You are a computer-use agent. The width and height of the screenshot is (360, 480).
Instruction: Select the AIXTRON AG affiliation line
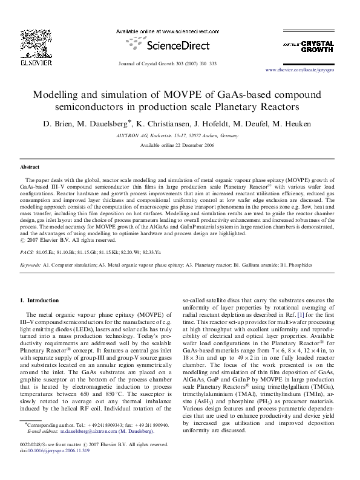tap(180, 137)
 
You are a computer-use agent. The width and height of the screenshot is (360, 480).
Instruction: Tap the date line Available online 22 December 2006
tap(180, 146)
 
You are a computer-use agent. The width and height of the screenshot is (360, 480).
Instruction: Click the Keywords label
tap(31, 265)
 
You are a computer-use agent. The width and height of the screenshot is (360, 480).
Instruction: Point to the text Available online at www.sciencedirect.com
tap(180, 31)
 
